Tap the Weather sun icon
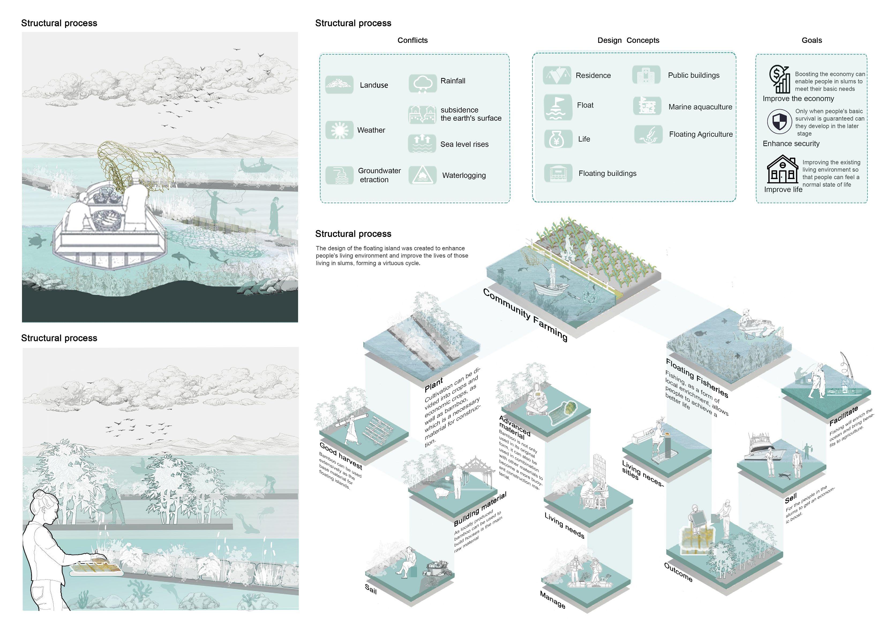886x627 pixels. click(339, 130)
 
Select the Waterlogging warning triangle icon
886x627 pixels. click(422, 175)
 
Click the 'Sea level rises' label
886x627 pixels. click(464, 144)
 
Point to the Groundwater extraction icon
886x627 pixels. click(339, 175)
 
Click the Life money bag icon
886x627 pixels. click(558, 139)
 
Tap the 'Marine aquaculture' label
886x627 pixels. click(700, 107)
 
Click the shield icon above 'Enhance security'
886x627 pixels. click(779, 122)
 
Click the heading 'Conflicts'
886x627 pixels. click(412, 40)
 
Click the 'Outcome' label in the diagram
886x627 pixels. click(678, 572)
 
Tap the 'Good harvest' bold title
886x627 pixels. click(340, 456)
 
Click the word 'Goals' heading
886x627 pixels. click(812, 40)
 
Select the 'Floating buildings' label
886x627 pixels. click(607, 173)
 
